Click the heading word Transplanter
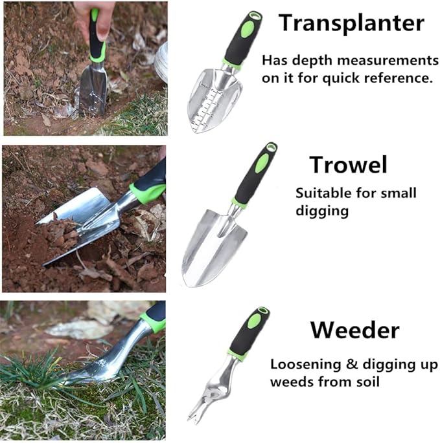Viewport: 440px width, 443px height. pyautogui.click(x=351, y=23)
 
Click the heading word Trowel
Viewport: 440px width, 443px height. pyautogui.click(x=348, y=165)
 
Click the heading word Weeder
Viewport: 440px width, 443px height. pyautogui.click(x=354, y=330)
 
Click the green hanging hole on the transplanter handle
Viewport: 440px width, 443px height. pyautogui.click(x=250, y=18)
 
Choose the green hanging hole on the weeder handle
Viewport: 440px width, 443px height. pyautogui.click(x=262, y=314)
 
